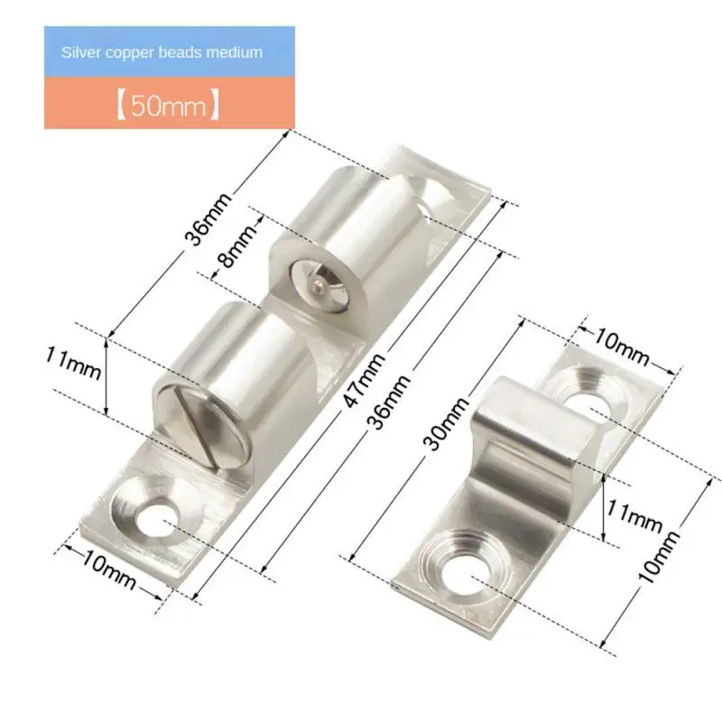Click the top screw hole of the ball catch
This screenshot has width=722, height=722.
pos(443,192)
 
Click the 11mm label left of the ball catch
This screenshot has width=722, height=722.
pos(73,369)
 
